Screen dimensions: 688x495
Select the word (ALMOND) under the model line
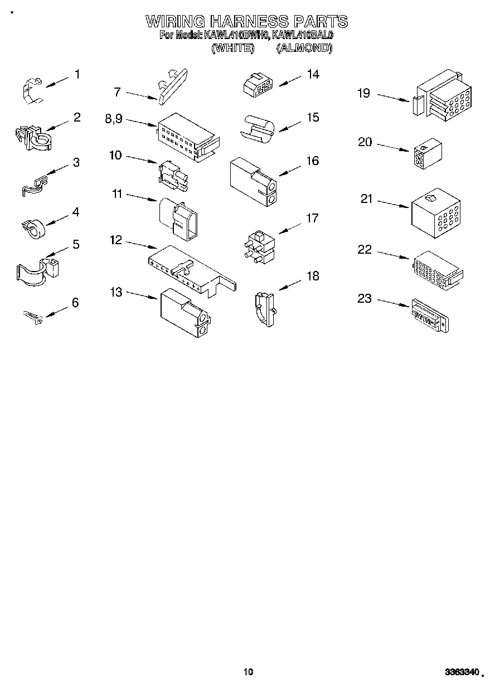[304, 48]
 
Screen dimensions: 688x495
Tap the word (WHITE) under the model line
[233, 48]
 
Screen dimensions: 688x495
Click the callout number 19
[363, 93]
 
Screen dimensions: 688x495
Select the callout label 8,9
[113, 119]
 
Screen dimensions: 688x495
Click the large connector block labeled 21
[435, 212]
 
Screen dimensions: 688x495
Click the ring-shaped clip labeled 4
[33, 227]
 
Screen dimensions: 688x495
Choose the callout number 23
[364, 299]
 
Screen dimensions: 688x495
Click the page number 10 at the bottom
[248, 672]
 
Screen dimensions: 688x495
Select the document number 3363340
[460, 672]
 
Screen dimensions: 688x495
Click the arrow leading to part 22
[394, 255]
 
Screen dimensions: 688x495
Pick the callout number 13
[116, 292]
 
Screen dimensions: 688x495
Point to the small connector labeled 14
[258, 85]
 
